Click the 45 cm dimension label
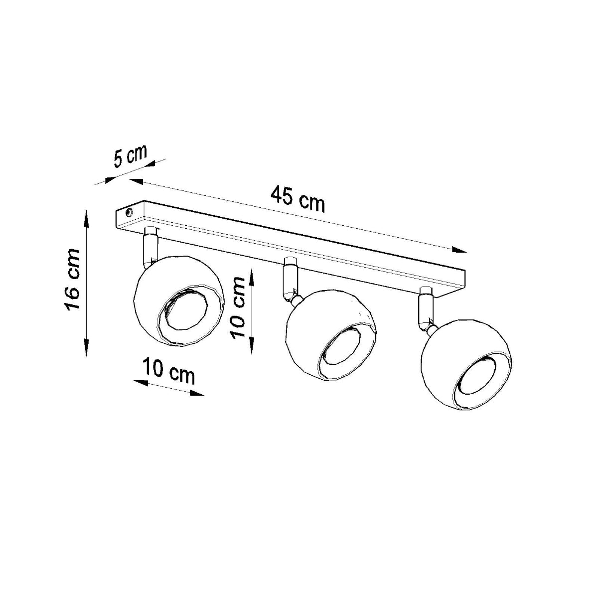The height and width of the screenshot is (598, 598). (x=298, y=198)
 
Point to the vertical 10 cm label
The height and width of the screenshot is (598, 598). (x=238, y=307)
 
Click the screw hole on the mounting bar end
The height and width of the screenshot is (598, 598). (x=129, y=213)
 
